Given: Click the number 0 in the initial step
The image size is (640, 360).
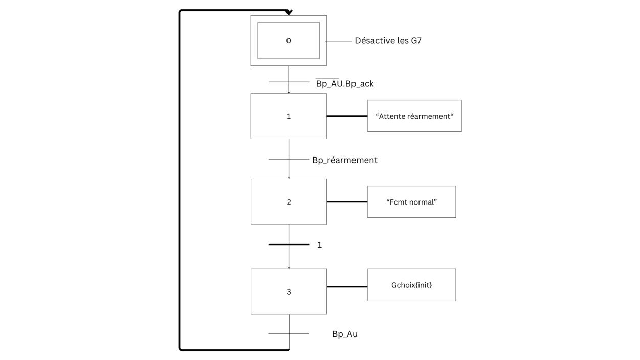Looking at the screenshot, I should coord(289,41).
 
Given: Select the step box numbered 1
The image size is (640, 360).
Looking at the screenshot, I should coord(289,116).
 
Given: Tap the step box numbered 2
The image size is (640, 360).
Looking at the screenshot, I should coord(289,201).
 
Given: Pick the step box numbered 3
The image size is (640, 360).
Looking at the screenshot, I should coord(289,291).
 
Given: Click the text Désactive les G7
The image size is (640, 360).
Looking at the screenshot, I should coord(388,41).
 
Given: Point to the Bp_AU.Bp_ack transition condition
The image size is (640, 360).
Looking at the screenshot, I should coord(344,83).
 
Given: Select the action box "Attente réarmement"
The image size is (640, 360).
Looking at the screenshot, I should coord(414,116).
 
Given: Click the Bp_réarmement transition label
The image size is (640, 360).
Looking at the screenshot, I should coord(344,160).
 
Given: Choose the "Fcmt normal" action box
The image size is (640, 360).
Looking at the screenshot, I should coord(411,201).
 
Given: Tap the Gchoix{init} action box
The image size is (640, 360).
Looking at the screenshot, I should coord(411,285).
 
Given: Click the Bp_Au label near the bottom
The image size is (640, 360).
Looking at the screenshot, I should coord(345,334).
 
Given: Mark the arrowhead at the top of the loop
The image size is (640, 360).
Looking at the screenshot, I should coord(289,12).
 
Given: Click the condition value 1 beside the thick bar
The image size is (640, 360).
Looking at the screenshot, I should coord(319,245).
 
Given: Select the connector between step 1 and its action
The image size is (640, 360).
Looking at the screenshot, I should coord(347,116).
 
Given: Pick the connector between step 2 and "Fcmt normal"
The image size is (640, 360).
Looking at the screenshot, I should coord(347,201).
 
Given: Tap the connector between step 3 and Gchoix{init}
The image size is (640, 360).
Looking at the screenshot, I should coord(347,286).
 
